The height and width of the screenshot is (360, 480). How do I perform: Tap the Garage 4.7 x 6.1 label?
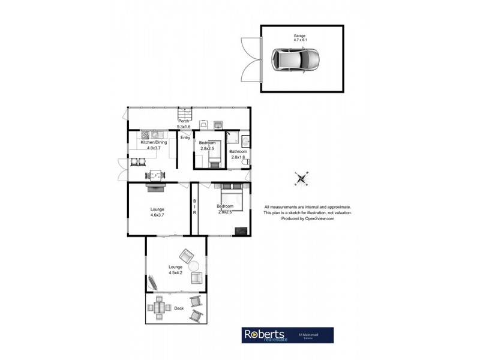point(299,38)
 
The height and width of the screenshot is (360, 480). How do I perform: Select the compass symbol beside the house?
point(301,178)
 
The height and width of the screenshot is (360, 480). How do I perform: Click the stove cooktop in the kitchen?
point(145,135)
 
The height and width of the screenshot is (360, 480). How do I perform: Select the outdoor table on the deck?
point(159,308)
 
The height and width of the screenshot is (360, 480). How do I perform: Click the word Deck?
point(178,308)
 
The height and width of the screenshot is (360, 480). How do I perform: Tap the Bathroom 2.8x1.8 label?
point(239,154)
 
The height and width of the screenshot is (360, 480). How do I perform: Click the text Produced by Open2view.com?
point(307,219)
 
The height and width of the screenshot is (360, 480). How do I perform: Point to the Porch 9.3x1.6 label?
point(183,124)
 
